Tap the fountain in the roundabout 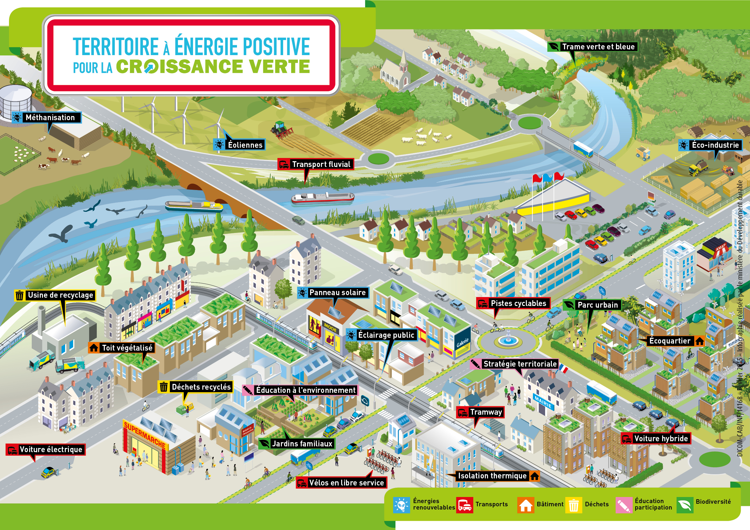tap(508, 339)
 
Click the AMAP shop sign tap(720, 247)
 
